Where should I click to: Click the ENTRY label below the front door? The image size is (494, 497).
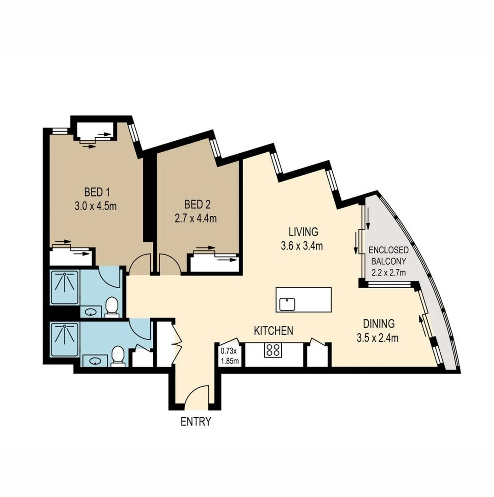tap(196, 421)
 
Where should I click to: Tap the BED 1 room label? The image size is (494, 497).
tap(95, 191)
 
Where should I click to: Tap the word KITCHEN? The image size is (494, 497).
tap(274, 330)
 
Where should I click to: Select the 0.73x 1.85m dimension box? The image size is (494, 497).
tap(230, 355)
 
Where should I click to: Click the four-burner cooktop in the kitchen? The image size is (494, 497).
tap(273, 350)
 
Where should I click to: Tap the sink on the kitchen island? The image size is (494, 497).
tap(288, 304)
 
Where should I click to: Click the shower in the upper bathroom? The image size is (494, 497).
tap(64, 287)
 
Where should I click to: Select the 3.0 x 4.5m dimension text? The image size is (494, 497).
tap(95, 206)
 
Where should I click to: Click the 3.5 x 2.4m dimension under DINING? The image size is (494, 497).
tap(377, 338)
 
